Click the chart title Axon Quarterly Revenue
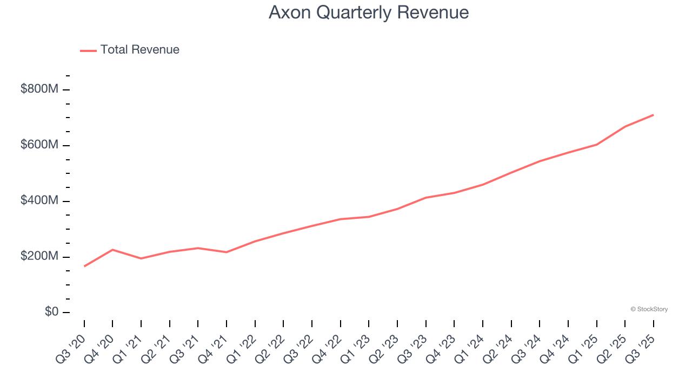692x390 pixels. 368,12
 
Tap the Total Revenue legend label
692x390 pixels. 139,50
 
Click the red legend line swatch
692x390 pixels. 88,50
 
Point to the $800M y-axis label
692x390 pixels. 39,89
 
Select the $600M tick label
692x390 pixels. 39,145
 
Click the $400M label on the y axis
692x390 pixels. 39,201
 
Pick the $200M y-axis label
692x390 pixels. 39,257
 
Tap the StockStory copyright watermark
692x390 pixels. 649,309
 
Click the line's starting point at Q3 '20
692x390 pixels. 84,266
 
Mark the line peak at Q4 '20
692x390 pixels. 112,250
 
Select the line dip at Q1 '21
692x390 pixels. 141,258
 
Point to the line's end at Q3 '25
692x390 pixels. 654,115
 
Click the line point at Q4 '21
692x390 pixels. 227,252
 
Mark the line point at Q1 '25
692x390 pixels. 596,145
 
